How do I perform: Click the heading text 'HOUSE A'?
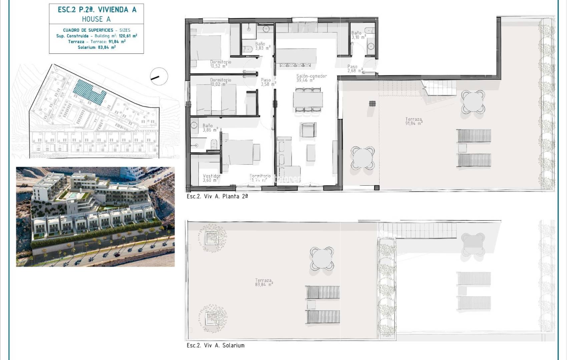point(96,19)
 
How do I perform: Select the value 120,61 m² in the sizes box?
point(128,36)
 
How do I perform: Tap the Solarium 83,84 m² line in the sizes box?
point(96,47)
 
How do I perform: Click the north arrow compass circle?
point(159,76)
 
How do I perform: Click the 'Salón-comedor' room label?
point(311,76)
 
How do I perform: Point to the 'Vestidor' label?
point(211,176)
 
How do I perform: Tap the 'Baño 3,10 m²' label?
point(357,35)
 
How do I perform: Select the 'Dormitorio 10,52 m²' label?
point(220,64)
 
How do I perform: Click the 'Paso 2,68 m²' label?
point(354,69)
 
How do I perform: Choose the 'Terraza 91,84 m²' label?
point(414,121)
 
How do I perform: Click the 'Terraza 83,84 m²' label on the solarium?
point(263,282)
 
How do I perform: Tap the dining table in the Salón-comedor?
point(308,99)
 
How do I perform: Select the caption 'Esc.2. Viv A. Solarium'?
point(215,345)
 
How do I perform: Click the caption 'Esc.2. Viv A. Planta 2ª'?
point(217,196)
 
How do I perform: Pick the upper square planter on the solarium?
point(211,238)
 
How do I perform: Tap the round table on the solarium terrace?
point(321,258)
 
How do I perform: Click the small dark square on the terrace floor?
point(372,104)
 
